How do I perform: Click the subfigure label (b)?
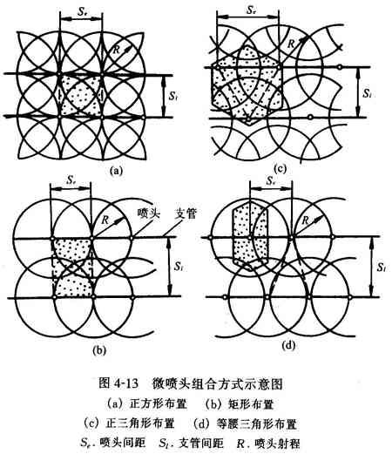coord(99,351)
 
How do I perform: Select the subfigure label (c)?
coord(280,168)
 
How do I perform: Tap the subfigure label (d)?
coord(288,345)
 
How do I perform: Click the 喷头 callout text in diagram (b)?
coord(149,214)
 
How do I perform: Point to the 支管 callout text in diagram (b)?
coord(186,214)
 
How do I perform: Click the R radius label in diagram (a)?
coord(116,50)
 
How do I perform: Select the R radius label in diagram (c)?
coord(291,44)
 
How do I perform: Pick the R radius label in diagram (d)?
coord(305,220)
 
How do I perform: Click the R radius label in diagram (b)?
coord(105,220)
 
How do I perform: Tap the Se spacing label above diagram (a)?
coord(82,11)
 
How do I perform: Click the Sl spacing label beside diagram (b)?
coord(178,267)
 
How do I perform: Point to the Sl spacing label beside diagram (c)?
coord(368,93)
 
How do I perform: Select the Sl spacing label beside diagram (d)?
coord(382,268)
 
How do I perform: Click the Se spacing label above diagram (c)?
coord(251,10)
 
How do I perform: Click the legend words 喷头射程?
coord(277,444)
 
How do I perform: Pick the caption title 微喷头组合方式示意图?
coord(217,384)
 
